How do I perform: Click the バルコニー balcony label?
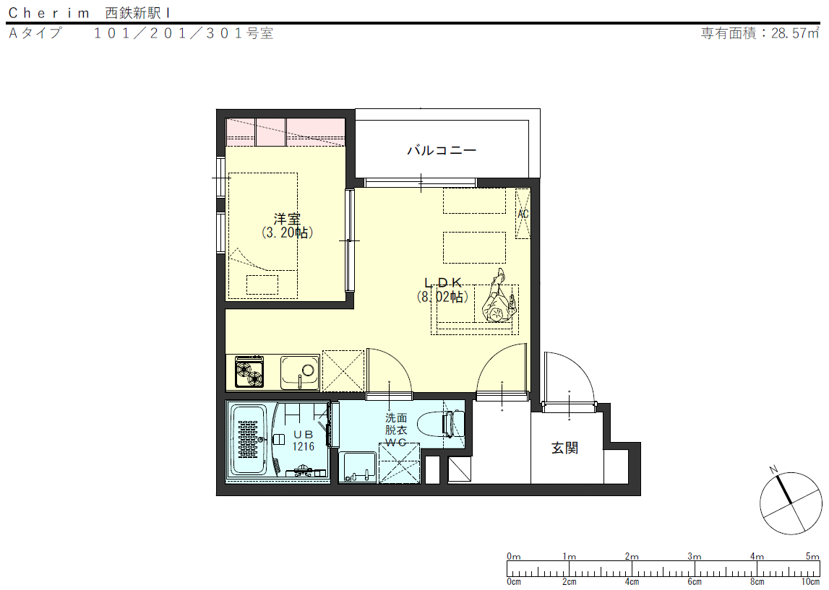pos(442,150)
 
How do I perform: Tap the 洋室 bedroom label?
pos(287,219)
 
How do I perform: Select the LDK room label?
pos(443,283)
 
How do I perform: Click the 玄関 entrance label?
pos(564,448)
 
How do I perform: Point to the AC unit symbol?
pos(523,214)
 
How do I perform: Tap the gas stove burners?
pos(249,372)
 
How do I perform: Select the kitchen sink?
pos(300,372)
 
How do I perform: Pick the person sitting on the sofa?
pos(498,298)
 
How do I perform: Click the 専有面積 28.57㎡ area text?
pos(760,33)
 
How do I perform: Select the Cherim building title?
pos(89,13)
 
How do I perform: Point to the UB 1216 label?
pos(304,441)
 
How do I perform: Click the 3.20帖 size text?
pos(287,233)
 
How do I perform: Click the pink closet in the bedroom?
pos(285,132)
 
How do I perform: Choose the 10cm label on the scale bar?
pos(810,581)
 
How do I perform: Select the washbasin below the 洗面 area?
pos(358,467)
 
